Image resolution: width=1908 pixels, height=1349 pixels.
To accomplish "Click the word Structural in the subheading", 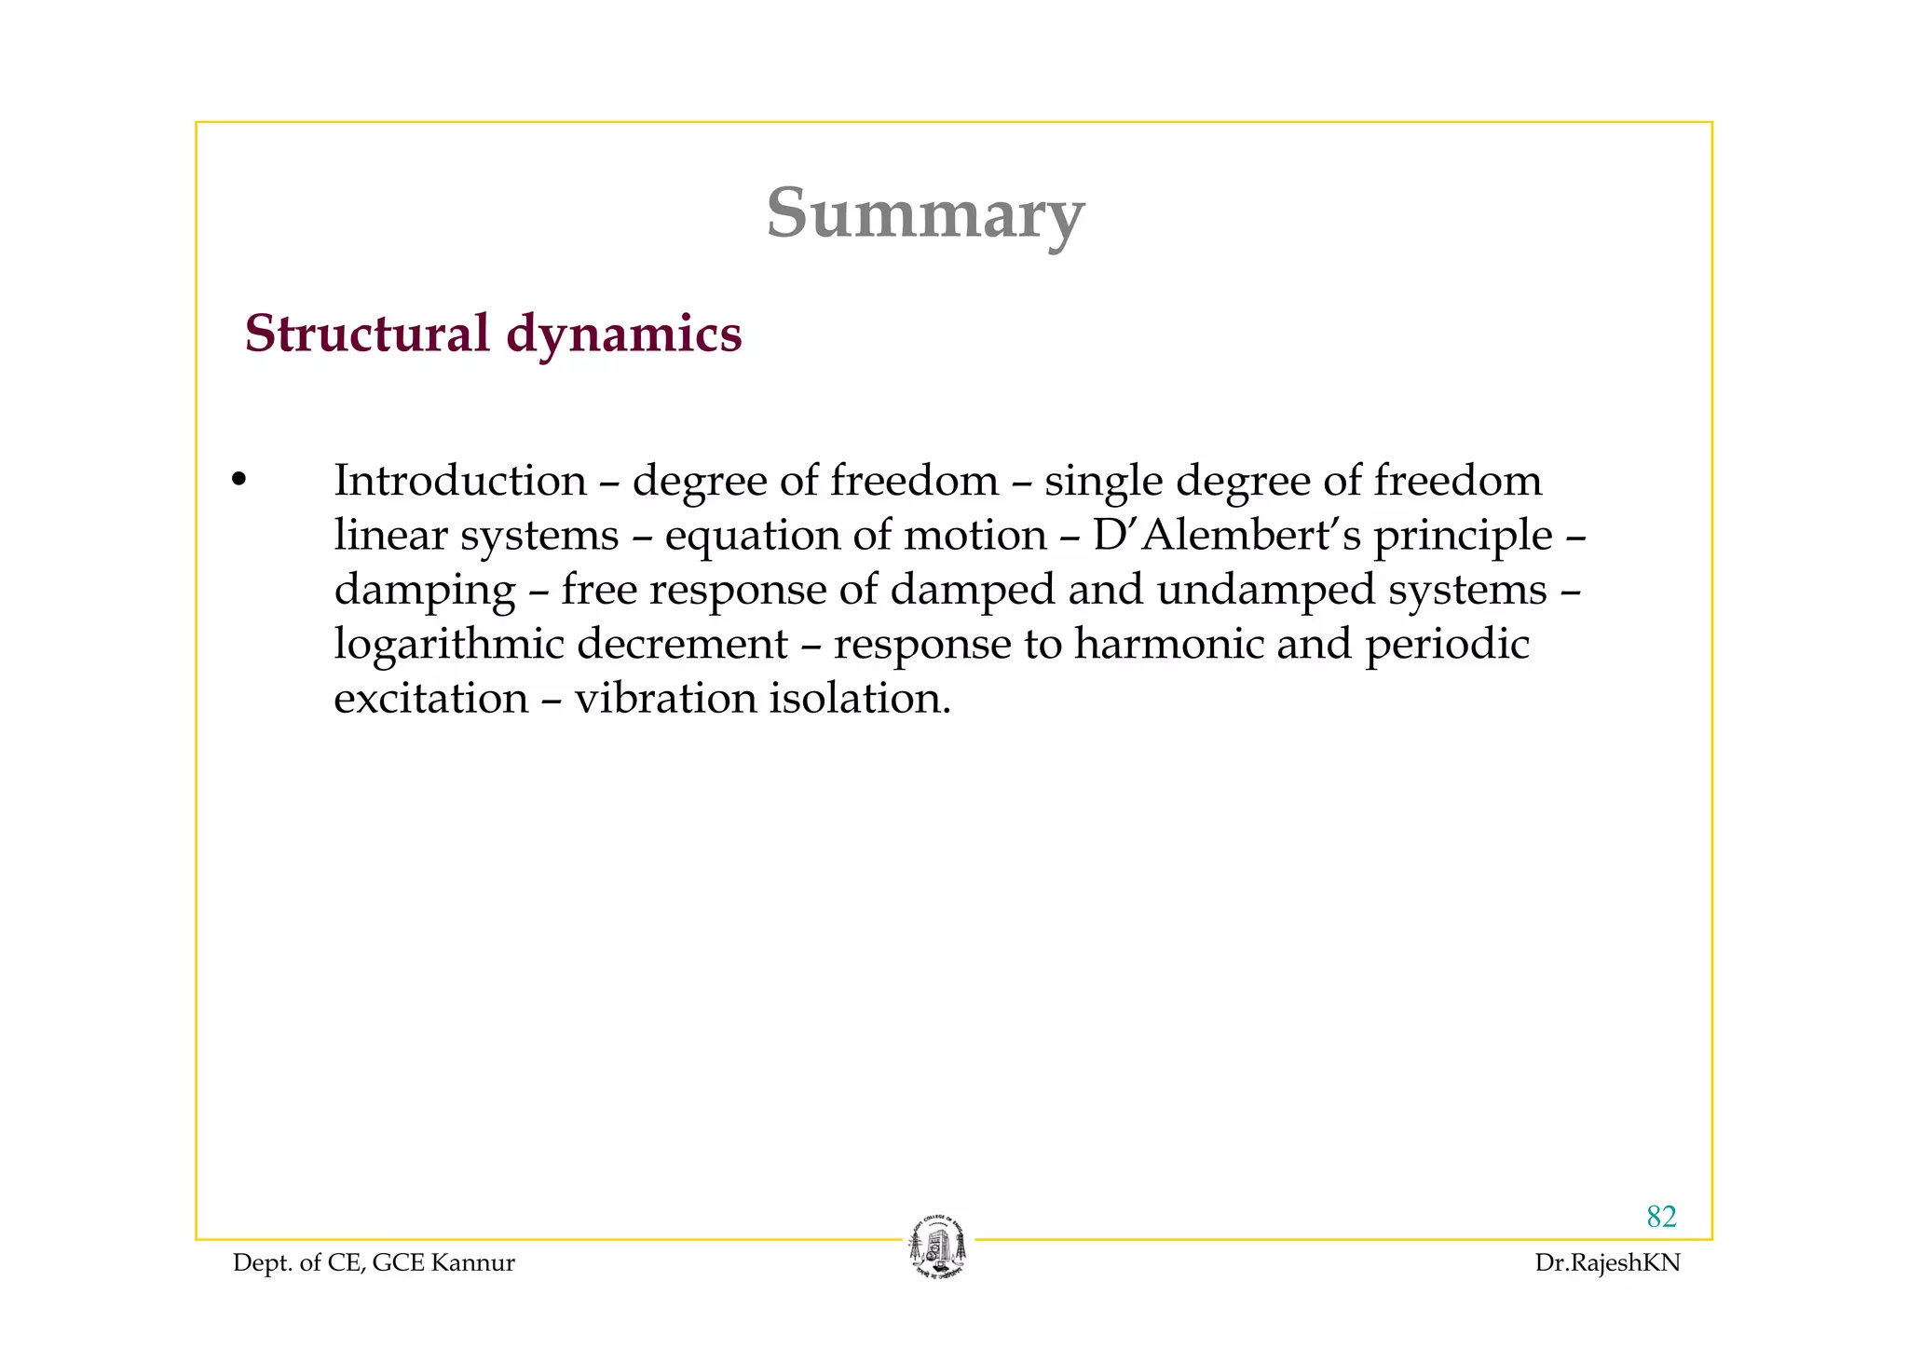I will tap(366, 334).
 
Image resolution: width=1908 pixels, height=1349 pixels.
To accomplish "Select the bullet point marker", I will tap(238, 481).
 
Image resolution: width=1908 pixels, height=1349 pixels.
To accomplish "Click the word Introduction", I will tap(460, 481).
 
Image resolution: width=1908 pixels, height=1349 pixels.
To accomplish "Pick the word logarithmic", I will tap(448, 645).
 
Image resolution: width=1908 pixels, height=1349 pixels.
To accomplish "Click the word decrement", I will tap(682, 644).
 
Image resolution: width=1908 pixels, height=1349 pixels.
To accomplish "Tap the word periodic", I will tap(1447, 645).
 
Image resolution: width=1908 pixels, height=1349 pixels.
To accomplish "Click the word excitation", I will tap(430, 699).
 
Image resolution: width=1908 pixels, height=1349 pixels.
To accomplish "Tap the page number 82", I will tap(1661, 1217).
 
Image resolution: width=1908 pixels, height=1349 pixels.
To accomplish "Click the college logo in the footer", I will tap(937, 1247).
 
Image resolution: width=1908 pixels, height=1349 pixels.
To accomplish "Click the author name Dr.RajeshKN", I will tap(1607, 1263).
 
